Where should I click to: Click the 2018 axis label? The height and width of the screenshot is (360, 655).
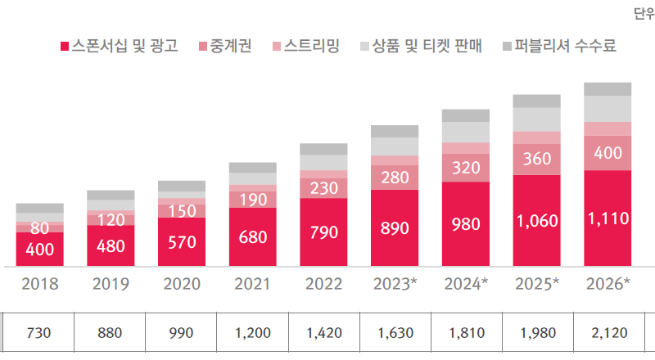39,285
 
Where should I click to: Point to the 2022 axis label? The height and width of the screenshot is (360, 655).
323,285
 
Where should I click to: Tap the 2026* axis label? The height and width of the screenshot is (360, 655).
608,285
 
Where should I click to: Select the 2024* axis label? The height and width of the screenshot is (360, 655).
465,285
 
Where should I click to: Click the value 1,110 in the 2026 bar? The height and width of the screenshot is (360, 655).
608,218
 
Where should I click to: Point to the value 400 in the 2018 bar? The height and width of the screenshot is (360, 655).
39,249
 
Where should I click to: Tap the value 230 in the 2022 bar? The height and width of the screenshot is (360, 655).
323,187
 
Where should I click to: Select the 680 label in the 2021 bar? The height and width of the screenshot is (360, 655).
252,237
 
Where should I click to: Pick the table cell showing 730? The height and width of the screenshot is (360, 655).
39,333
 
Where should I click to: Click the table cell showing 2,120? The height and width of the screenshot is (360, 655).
608,333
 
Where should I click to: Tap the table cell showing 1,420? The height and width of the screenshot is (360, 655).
323,333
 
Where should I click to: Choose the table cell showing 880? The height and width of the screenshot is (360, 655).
111,333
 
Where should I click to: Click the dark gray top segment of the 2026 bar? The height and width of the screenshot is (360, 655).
608,88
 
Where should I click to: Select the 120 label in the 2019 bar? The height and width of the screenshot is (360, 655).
111,219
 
